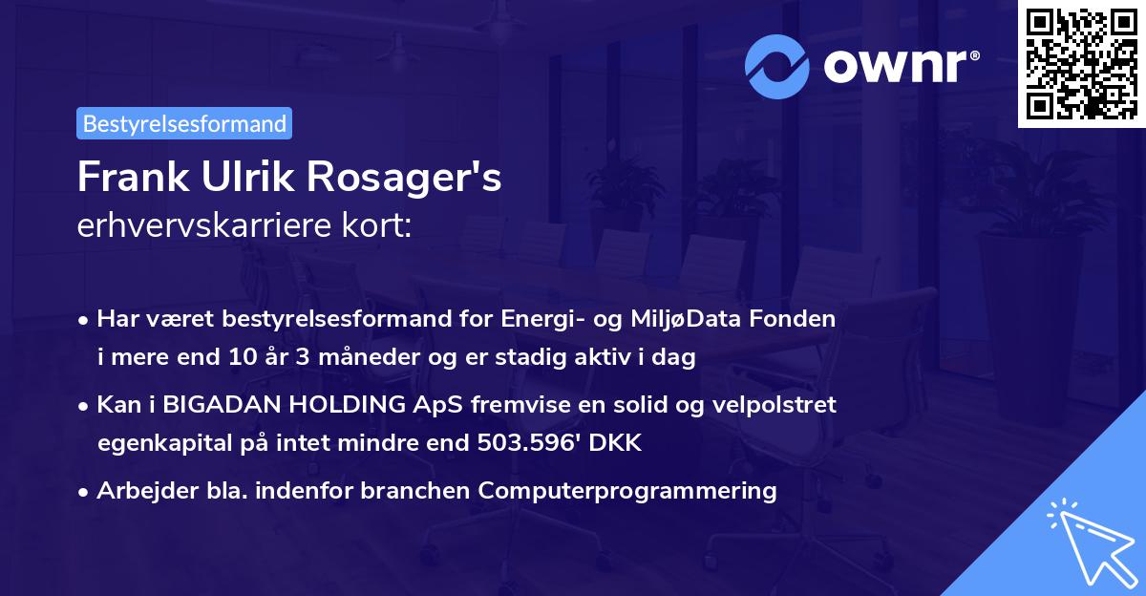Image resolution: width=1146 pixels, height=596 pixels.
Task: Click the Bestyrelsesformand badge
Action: tap(184, 123)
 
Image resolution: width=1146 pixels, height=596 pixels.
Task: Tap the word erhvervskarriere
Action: tap(191, 226)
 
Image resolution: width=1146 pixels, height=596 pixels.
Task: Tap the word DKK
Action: tap(619, 443)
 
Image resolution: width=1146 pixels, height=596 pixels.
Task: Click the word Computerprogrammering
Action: tap(627, 491)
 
